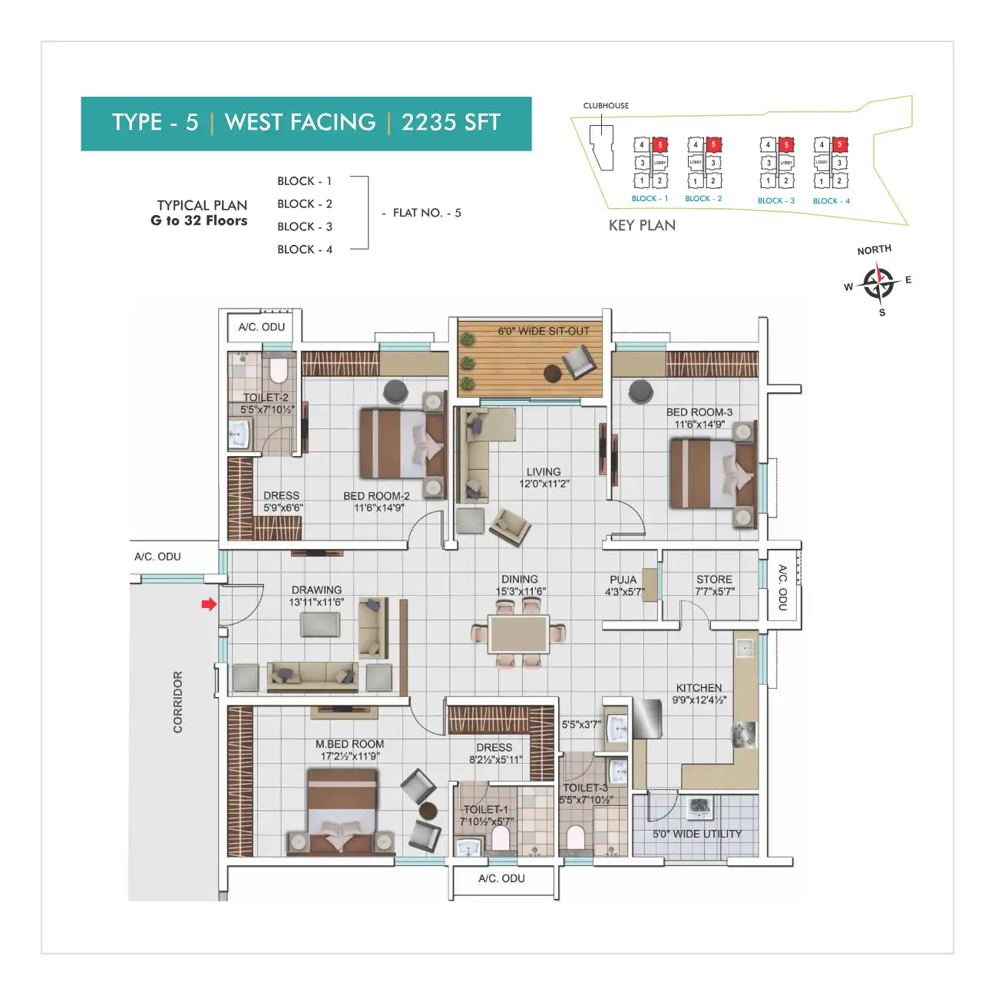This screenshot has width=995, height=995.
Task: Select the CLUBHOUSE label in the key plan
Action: point(606,106)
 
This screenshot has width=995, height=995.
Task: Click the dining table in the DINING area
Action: point(520,634)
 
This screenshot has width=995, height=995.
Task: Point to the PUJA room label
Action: point(623,580)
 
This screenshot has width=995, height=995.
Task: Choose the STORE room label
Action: point(714,580)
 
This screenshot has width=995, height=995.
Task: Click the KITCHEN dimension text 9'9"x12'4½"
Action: point(699,700)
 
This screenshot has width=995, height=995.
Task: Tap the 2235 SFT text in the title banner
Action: point(451,123)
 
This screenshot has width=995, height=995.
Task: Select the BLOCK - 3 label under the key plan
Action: point(776,201)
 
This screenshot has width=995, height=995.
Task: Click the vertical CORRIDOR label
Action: point(178,702)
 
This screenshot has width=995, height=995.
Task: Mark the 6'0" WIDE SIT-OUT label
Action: point(544,332)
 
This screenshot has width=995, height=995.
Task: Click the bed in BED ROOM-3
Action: point(712,473)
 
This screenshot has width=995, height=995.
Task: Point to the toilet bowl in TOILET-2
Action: point(278,372)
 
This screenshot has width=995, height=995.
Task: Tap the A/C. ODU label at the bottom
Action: point(501,878)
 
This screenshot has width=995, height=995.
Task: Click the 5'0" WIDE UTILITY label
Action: point(697,834)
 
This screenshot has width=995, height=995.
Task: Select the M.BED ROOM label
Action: point(349,744)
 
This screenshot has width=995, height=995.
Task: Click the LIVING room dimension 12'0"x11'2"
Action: point(544,484)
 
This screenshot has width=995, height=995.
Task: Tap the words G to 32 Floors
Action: point(199,221)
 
